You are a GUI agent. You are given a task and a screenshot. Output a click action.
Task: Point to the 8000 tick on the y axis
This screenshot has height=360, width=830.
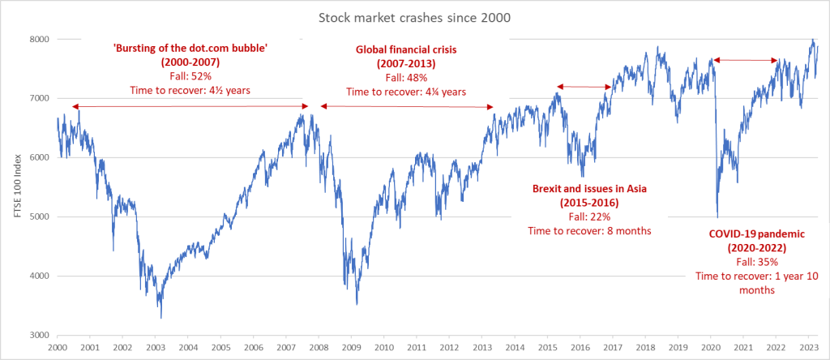point(39,39)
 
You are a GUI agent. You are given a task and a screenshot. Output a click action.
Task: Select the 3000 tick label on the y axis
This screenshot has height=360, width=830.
point(39,335)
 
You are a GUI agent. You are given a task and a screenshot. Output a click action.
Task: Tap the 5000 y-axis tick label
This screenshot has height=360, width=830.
point(39,216)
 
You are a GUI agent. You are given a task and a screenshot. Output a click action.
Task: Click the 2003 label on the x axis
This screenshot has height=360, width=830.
point(155,347)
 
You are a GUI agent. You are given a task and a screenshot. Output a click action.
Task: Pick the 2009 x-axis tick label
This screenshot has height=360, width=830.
point(351,347)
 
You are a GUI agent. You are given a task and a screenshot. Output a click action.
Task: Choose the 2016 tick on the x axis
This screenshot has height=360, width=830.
point(580,347)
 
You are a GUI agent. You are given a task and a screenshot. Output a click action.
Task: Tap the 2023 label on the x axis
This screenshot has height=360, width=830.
point(809,347)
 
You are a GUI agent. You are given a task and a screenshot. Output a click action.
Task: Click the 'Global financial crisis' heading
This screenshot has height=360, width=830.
point(406,49)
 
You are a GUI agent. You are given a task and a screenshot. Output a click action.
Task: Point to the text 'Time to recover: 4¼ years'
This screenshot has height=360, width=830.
point(406,91)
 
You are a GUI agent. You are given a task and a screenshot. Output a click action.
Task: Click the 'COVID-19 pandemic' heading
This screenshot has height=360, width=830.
point(747,234)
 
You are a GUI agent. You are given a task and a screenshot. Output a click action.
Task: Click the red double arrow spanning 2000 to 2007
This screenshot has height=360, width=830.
point(190,106)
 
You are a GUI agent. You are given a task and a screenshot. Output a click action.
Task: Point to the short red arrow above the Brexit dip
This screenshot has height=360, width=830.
point(584,87)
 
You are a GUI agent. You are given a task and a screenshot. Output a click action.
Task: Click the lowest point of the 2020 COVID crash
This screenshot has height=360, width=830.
point(717,216)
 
